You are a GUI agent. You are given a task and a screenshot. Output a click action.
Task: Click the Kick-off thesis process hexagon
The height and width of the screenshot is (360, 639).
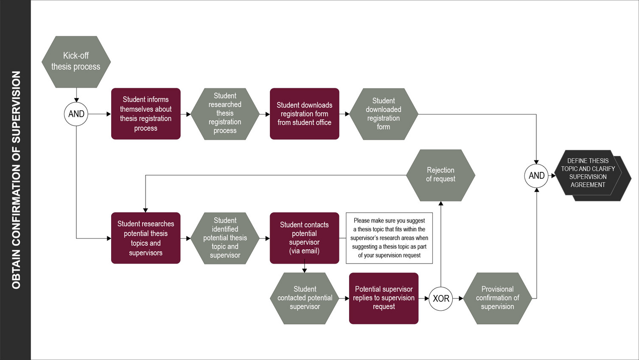coord(76,62)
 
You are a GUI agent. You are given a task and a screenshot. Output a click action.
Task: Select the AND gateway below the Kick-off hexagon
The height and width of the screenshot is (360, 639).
coord(76,114)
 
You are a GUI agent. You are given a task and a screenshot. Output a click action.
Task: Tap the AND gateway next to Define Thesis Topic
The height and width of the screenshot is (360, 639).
coord(536,175)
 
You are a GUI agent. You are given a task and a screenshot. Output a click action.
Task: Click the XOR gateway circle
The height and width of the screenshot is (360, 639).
coord(441,298)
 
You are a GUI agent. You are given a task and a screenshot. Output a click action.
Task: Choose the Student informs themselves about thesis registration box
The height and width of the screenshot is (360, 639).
coord(146,114)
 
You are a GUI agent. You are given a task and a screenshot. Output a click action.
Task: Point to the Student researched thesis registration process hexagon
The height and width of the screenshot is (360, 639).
coord(225,114)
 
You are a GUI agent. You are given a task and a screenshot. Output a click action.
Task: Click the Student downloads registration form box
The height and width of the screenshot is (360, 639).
coord(304,114)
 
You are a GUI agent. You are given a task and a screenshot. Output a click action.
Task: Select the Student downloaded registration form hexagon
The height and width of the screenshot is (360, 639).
coord(384,114)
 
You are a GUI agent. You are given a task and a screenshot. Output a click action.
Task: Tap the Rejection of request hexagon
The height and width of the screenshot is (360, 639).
coord(440,175)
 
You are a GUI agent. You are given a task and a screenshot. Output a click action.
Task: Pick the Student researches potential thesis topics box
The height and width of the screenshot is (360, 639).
coord(146,238)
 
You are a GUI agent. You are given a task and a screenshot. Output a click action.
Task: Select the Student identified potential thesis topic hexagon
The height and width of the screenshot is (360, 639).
coord(225,238)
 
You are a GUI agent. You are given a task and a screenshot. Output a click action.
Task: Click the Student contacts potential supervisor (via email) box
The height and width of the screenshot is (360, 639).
coord(304,238)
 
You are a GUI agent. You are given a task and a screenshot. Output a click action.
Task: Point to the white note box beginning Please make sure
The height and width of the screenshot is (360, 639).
coord(389,238)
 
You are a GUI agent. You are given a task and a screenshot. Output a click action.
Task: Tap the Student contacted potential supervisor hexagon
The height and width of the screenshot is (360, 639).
coord(305,298)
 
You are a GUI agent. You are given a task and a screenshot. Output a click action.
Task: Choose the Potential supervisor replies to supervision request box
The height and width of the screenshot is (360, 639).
coord(384,298)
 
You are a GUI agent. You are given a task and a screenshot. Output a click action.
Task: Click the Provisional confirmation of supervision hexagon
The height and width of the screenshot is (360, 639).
coord(497,298)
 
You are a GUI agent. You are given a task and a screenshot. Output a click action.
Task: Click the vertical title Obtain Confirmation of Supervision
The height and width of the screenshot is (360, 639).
coord(16,180)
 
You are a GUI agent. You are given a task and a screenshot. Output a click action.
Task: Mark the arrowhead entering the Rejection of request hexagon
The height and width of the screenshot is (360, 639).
coord(441,204)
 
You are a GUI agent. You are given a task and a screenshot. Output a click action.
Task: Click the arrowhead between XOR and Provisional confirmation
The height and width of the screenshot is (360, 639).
coord(461,298)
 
